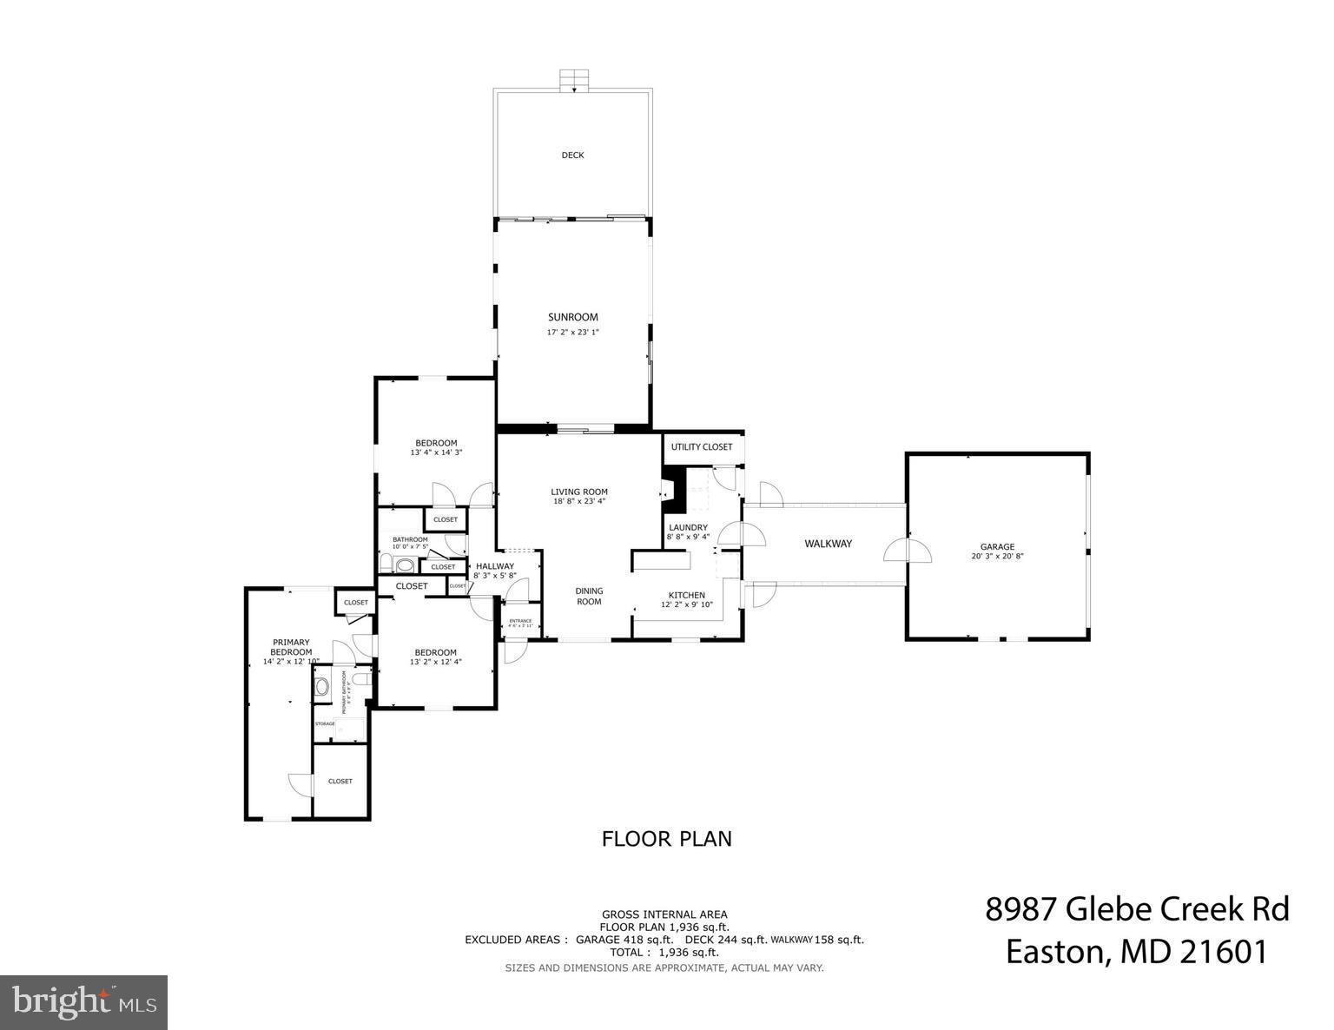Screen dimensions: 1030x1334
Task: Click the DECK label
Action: [x=572, y=155]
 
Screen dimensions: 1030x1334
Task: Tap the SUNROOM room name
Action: [x=572, y=317]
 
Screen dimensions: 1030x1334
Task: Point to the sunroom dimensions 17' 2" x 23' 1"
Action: [x=572, y=333]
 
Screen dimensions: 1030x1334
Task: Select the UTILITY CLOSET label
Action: [x=702, y=446]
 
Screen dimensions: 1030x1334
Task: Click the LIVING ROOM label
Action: [x=579, y=492]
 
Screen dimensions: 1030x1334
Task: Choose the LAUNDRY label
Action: [x=688, y=527]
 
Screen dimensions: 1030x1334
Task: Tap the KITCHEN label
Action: [x=686, y=595]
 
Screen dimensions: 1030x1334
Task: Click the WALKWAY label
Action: [x=828, y=544]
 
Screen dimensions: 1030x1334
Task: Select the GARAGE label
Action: [x=997, y=547]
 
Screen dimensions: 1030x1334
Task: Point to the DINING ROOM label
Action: [x=589, y=597]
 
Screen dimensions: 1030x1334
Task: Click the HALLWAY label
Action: [x=495, y=566]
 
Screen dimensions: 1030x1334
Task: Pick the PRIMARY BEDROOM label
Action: [x=290, y=647]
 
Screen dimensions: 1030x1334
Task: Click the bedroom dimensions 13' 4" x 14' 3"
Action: [x=436, y=452]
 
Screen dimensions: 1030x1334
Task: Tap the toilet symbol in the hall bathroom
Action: [x=405, y=565]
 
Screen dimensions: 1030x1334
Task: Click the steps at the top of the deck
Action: [x=572, y=81]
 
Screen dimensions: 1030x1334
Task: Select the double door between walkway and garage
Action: [x=907, y=551]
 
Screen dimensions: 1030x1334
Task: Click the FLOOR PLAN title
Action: [x=666, y=839]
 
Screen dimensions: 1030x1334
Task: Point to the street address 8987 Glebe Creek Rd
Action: [x=1136, y=910]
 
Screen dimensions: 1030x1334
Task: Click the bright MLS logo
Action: [x=84, y=1002]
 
